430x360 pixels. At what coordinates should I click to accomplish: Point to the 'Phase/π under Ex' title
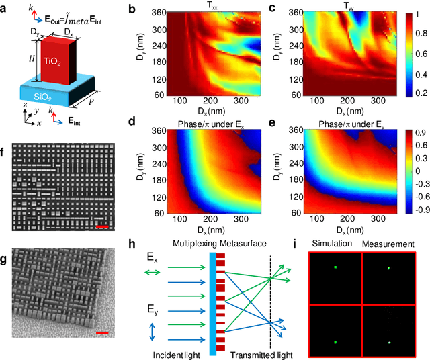click(x=208, y=124)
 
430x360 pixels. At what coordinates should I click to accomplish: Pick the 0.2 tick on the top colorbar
click(x=411, y=93)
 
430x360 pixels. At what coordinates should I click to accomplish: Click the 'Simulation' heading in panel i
click(x=337, y=244)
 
